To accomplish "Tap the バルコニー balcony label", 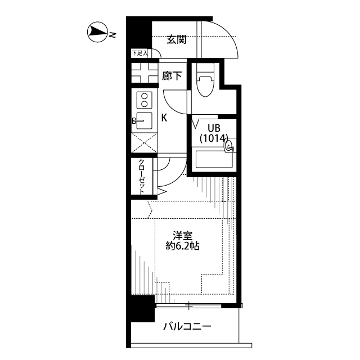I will (x=187, y=326).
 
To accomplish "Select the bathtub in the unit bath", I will (x=214, y=160).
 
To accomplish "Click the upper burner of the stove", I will (x=145, y=96).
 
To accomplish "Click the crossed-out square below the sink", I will (x=145, y=143).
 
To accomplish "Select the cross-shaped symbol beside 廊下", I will (x=145, y=73).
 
